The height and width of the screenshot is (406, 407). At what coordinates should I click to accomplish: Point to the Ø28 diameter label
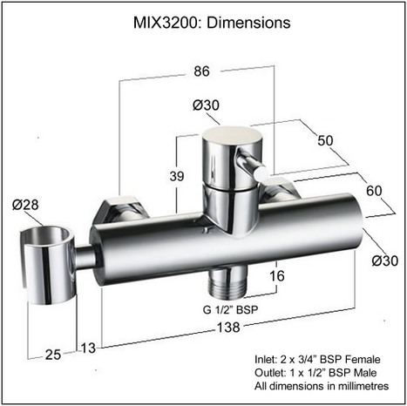click(26, 205)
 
